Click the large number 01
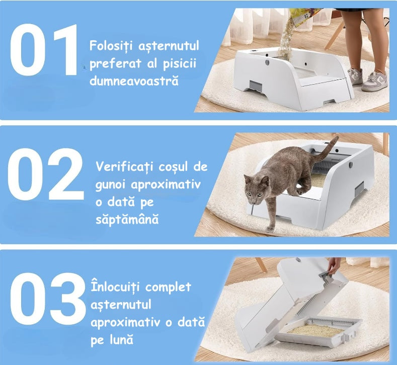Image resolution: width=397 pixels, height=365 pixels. (44, 51)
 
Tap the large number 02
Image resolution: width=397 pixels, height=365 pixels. (45, 174)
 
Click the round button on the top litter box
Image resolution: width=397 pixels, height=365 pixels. (267, 63)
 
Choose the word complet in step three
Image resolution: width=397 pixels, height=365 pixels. (169, 287)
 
